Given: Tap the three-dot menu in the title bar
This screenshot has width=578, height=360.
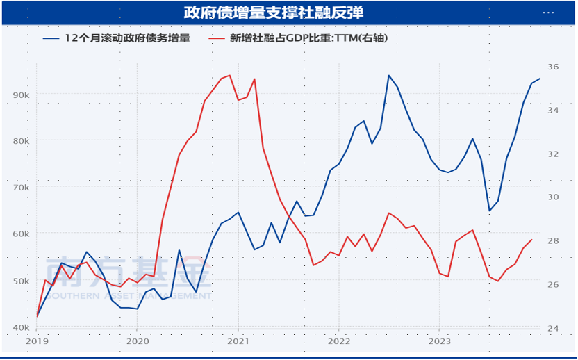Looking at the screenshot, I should coord(549,13).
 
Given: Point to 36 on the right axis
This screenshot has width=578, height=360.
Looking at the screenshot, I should coord(553,67).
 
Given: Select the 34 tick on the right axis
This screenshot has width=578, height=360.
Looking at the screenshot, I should coord(553,111).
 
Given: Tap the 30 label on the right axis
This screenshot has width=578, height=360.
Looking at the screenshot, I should coord(553,197).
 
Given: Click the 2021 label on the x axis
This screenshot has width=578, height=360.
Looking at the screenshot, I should coord(238,341).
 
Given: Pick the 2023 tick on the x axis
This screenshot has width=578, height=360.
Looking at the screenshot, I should coord(439,341).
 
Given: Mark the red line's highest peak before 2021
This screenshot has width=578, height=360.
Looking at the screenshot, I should coord(230,75).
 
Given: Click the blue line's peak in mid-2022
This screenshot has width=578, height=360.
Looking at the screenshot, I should coord(388,75).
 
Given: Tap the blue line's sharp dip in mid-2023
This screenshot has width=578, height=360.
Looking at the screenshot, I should coord(489,211).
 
